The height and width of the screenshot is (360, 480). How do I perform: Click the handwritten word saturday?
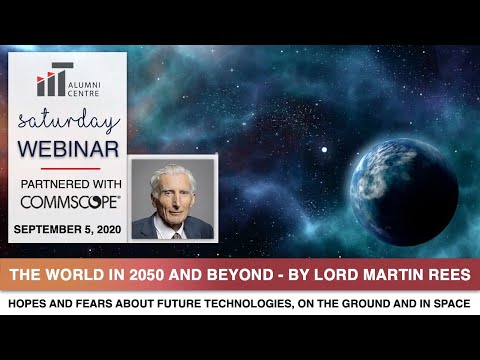coord(67,122)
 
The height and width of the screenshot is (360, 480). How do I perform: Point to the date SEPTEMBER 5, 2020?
coord(67,229)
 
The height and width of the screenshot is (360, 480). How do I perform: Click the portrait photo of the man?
coord(172,198)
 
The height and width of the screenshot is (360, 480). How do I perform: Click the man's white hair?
coord(171,172)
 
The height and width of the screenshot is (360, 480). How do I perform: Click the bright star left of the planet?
coord(323,150)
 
